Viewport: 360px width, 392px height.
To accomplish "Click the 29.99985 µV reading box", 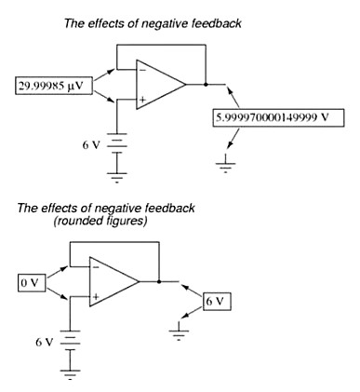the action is pos(54,86).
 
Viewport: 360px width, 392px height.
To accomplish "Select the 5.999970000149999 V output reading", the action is pos(278,117).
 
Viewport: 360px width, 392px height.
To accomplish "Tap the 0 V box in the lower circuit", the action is pos(32,283).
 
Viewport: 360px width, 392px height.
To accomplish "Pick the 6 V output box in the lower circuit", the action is pos(217,301).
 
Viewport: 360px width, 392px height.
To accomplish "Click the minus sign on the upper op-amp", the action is pos(142,70).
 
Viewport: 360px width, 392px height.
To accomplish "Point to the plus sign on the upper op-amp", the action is pos(142,100).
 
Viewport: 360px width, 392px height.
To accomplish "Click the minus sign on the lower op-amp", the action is pos(96,267).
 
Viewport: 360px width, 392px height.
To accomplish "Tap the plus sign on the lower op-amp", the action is pos(96,297).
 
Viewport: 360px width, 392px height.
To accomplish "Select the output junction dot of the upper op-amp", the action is pos(206,84).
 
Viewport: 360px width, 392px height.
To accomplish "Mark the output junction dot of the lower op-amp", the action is pos(159,281).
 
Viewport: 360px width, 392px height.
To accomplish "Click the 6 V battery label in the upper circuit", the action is pos(91,145).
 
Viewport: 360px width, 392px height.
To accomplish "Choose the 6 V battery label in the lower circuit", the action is pos(45,343).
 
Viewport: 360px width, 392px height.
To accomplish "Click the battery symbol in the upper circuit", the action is pos(117,143).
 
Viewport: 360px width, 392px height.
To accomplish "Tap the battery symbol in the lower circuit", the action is pos(70,341).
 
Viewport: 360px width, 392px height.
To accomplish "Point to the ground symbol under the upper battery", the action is pos(117,178).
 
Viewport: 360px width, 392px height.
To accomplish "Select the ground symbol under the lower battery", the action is pos(70,374).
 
